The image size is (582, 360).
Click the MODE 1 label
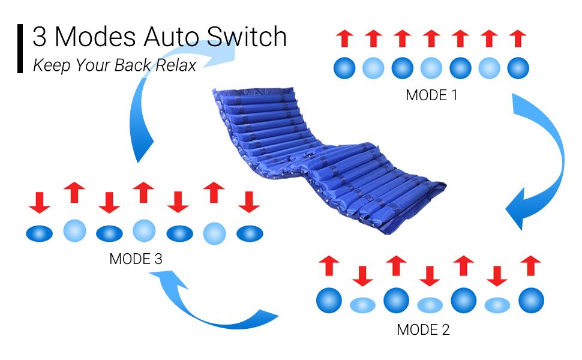[x=431, y=95]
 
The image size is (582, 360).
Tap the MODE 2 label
[x=423, y=329]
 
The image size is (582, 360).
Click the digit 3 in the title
[x=40, y=37]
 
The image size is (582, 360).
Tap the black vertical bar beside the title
[x=20, y=49]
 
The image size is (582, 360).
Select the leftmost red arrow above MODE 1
[x=344, y=38]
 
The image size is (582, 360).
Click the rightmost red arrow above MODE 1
[x=518, y=38]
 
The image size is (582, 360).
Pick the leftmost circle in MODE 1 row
[x=344, y=68]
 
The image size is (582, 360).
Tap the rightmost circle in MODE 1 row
[x=518, y=68]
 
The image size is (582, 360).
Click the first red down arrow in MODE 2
[x=362, y=275]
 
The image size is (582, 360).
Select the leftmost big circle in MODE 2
[x=329, y=300]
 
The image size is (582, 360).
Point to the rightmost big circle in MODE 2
[x=531, y=300]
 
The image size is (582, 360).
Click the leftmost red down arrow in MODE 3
[x=40, y=203]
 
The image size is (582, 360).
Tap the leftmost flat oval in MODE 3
[x=40, y=233]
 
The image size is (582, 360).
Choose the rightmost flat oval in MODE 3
[x=250, y=233]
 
